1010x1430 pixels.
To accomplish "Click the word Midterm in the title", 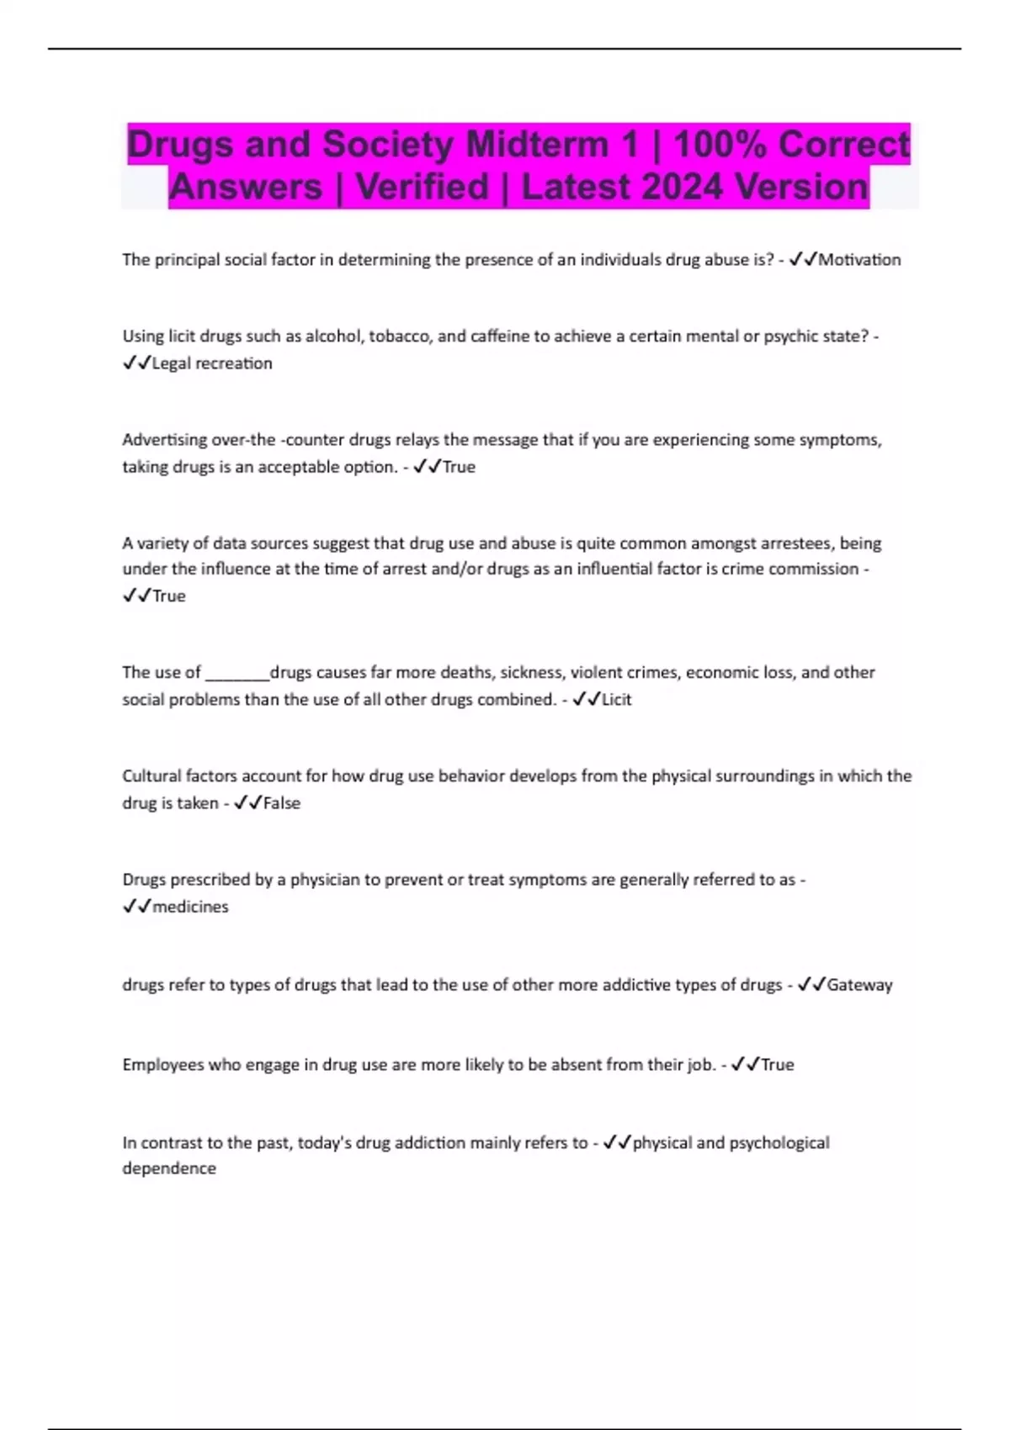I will coord(539,144).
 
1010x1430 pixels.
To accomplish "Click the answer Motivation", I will coord(859,260).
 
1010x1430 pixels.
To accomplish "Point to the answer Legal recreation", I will coord(212,363).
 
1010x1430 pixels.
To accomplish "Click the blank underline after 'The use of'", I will coord(237,673).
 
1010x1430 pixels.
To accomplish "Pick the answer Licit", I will coord(616,700).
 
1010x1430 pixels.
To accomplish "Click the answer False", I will coord(282,803).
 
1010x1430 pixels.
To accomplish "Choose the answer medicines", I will coord(190,907).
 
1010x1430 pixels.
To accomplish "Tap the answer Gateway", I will coord(859,985).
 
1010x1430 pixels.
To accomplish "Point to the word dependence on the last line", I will coord(169,1168).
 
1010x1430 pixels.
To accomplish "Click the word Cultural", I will coord(151,776).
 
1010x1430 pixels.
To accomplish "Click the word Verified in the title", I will coord(422,187).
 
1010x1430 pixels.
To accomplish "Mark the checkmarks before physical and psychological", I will coord(617,1143).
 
